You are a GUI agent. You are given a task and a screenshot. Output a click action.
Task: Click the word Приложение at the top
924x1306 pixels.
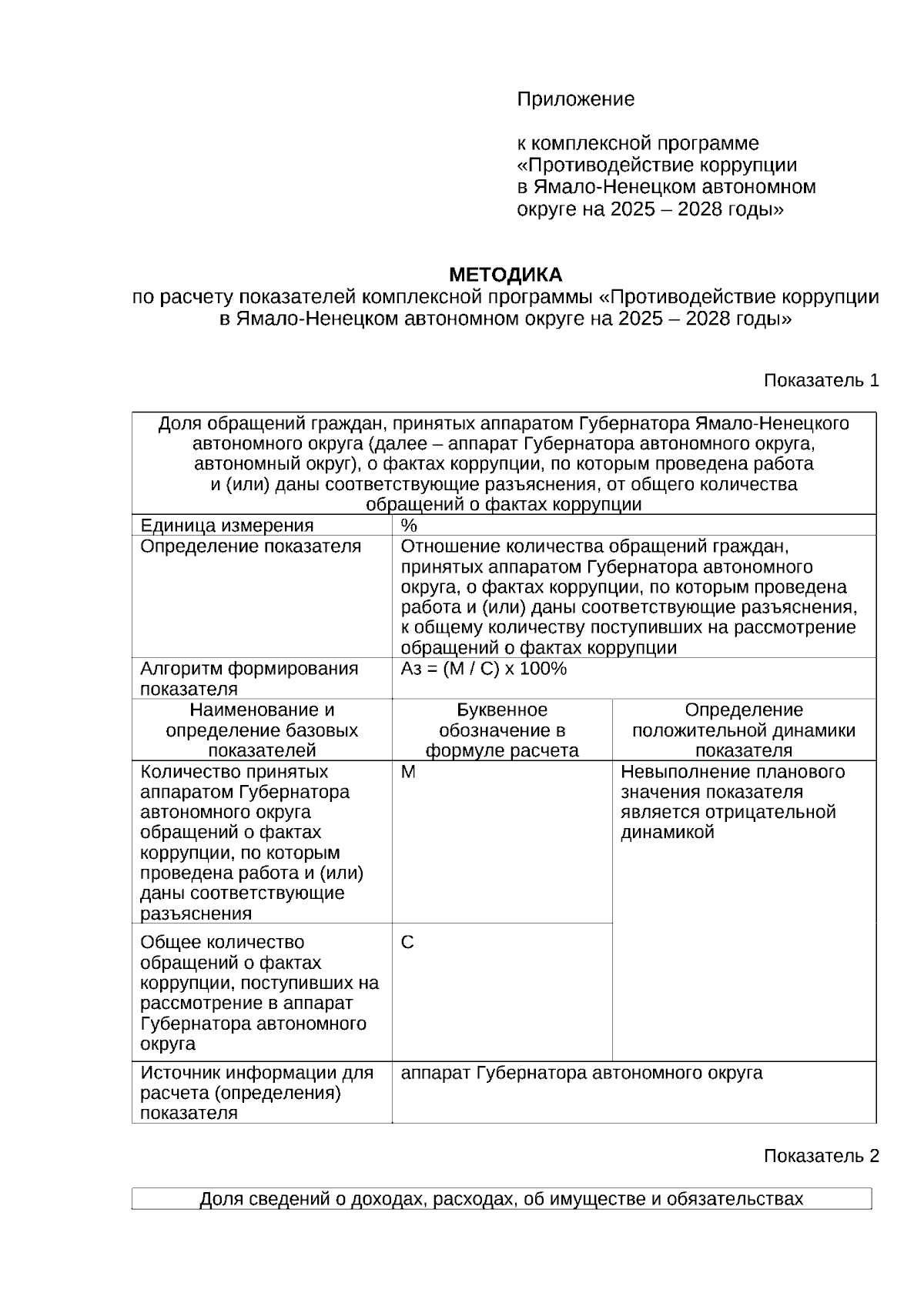pos(575,99)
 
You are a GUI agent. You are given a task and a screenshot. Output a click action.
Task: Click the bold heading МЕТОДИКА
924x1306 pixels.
pos(505,275)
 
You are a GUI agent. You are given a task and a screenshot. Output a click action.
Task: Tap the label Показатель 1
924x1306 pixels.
pos(821,380)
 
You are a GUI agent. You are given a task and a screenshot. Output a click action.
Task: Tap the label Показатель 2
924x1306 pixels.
pos(821,1156)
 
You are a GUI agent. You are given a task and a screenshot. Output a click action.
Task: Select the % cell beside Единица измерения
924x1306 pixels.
pos(409,526)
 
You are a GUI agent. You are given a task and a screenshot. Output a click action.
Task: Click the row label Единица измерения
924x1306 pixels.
pos(226,526)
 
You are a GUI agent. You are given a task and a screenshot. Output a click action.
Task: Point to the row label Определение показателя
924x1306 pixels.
pos(250,546)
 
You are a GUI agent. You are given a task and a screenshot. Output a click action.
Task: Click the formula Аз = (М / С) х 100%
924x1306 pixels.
pos(484,669)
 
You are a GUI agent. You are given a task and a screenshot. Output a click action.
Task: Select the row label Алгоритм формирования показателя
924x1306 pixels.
pos(249,678)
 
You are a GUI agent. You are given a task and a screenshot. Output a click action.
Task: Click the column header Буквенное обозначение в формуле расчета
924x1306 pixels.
pos(502,730)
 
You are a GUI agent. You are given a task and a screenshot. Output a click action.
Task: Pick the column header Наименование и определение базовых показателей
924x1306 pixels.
pos(262,730)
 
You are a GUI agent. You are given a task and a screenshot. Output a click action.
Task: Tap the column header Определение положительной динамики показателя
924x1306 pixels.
pos(743,730)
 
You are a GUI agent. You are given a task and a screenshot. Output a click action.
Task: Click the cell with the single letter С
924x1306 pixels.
pos(408,943)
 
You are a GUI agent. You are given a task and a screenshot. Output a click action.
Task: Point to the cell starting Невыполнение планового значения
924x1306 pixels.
pos(731,802)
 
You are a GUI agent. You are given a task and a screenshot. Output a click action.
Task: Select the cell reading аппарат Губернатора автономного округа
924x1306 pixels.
pos(581,1073)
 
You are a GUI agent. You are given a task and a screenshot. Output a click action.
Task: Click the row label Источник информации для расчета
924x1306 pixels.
pos(256,1092)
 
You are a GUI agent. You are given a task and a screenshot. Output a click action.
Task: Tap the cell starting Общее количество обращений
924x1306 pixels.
pos(259,993)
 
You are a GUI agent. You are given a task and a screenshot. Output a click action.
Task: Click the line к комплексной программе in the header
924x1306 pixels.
pos(637,143)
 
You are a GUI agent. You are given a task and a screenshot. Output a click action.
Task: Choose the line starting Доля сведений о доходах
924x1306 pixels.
pos(500,1199)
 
